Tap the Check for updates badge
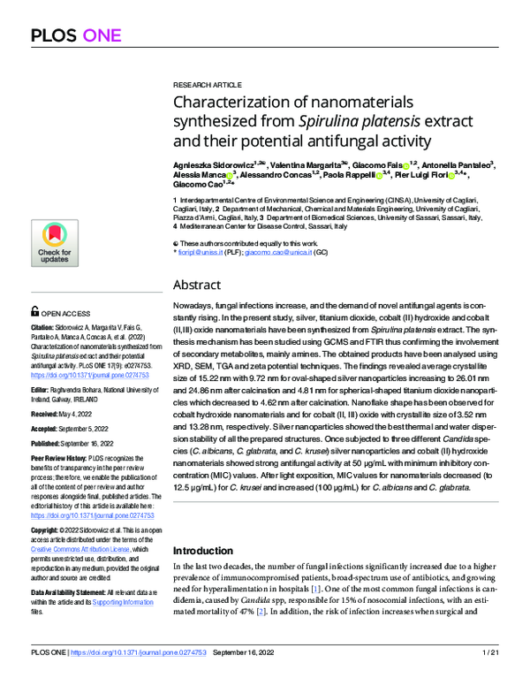point(54,242)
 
